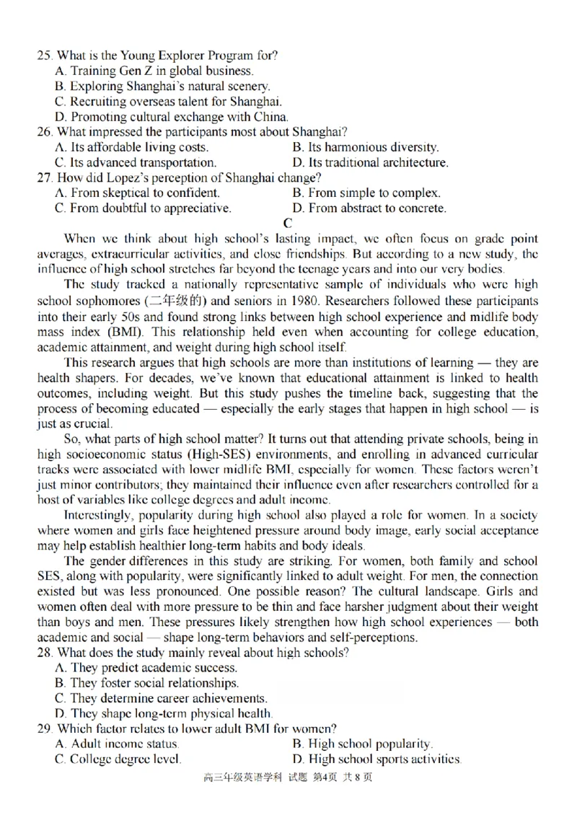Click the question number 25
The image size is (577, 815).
pyautogui.click(x=44, y=56)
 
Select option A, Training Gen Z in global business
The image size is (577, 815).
pyautogui.click(x=154, y=71)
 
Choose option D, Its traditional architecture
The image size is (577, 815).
pyautogui.click(x=370, y=162)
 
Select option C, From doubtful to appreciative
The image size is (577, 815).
pyautogui.click(x=143, y=208)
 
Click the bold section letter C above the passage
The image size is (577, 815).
pyautogui.click(x=288, y=224)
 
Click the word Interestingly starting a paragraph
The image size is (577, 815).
pyautogui.click(x=100, y=515)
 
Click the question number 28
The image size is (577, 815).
pyautogui.click(x=44, y=653)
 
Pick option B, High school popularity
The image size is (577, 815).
pyautogui.click(x=363, y=744)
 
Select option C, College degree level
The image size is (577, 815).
pyautogui.click(x=118, y=759)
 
